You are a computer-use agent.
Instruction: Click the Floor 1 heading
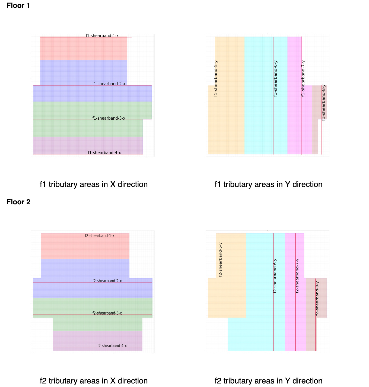pos(18,5)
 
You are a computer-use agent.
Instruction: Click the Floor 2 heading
pos(18,202)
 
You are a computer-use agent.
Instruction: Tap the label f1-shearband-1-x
pos(102,36)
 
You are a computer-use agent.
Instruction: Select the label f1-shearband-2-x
pos(109,84)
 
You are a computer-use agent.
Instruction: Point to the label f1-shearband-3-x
pos(109,118)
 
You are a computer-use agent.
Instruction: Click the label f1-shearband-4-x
pos(104,153)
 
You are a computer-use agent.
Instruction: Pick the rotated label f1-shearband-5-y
pos(216,78)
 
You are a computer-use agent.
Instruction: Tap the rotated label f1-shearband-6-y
pos(276,78)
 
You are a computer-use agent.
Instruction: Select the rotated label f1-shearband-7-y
pos(303,78)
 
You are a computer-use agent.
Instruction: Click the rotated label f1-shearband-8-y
pos(323,102)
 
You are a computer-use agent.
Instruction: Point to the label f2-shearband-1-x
pos(100,236)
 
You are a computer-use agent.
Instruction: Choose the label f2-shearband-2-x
pos(107,281)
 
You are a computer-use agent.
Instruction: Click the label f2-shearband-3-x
pos(107,313)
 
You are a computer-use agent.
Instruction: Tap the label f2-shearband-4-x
pos(112,345)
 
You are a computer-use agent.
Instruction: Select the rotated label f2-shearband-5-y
pos(221,259)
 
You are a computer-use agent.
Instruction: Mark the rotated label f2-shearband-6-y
pos(275,276)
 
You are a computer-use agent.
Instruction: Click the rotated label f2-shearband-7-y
pos(297,276)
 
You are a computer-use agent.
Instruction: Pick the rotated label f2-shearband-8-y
pos(317,299)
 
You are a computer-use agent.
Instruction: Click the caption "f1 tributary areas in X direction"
pos(94,184)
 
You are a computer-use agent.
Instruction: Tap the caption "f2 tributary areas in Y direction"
pos(269,381)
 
